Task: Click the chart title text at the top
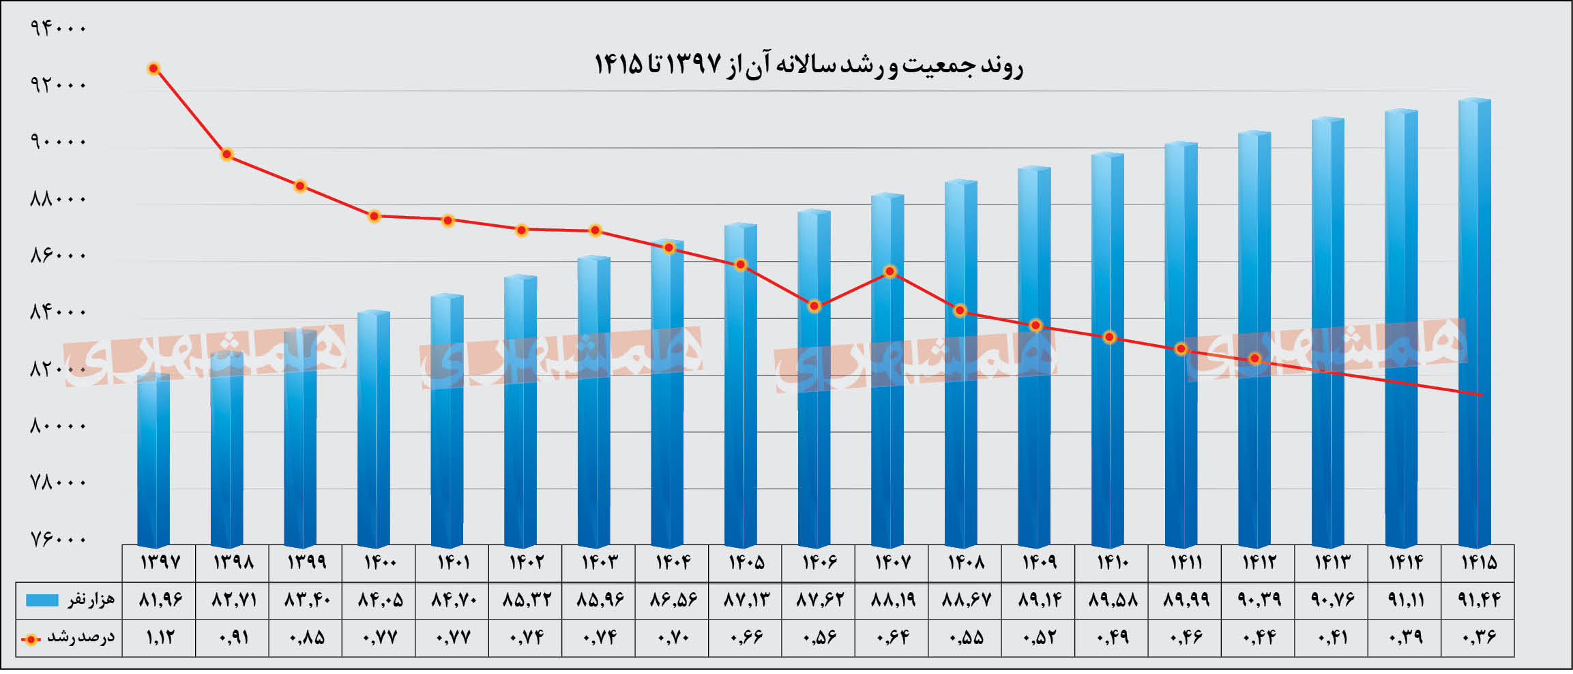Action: click(x=808, y=65)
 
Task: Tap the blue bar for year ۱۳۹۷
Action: click(x=153, y=460)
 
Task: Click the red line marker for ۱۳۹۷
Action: click(x=154, y=68)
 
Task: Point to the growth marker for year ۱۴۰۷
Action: click(x=890, y=271)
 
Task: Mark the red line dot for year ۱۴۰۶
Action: click(x=814, y=306)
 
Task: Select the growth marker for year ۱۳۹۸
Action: click(x=227, y=155)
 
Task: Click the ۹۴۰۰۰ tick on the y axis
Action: click(x=59, y=28)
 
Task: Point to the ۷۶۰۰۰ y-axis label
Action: click(x=59, y=538)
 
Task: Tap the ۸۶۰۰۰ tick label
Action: click(x=59, y=255)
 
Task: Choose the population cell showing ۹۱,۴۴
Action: click(x=1478, y=600)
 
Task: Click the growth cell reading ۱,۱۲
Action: click(x=160, y=637)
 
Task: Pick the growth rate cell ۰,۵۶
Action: click(x=819, y=637)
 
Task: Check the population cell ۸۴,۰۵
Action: click(x=379, y=600)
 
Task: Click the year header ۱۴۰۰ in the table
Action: click(x=379, y=562)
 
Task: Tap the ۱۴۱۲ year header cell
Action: click(x=1258, y=562)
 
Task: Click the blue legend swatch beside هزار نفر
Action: click(x=42, y=600)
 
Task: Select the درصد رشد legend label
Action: click(x=80, y=638)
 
